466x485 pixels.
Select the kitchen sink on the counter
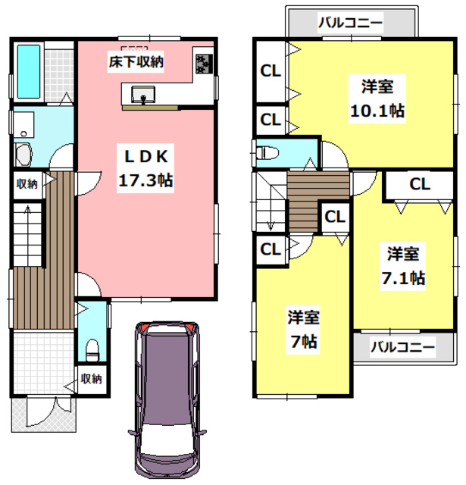pos(142,94)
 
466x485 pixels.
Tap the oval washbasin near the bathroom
pos(22,155)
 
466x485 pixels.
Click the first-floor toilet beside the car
pos(92,351)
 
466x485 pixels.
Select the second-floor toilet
pos(269,153)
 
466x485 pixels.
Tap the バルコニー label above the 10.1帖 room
pos(350,22)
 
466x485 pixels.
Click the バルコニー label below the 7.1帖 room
pos(403,347)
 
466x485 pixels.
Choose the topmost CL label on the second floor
pos(270,72)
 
